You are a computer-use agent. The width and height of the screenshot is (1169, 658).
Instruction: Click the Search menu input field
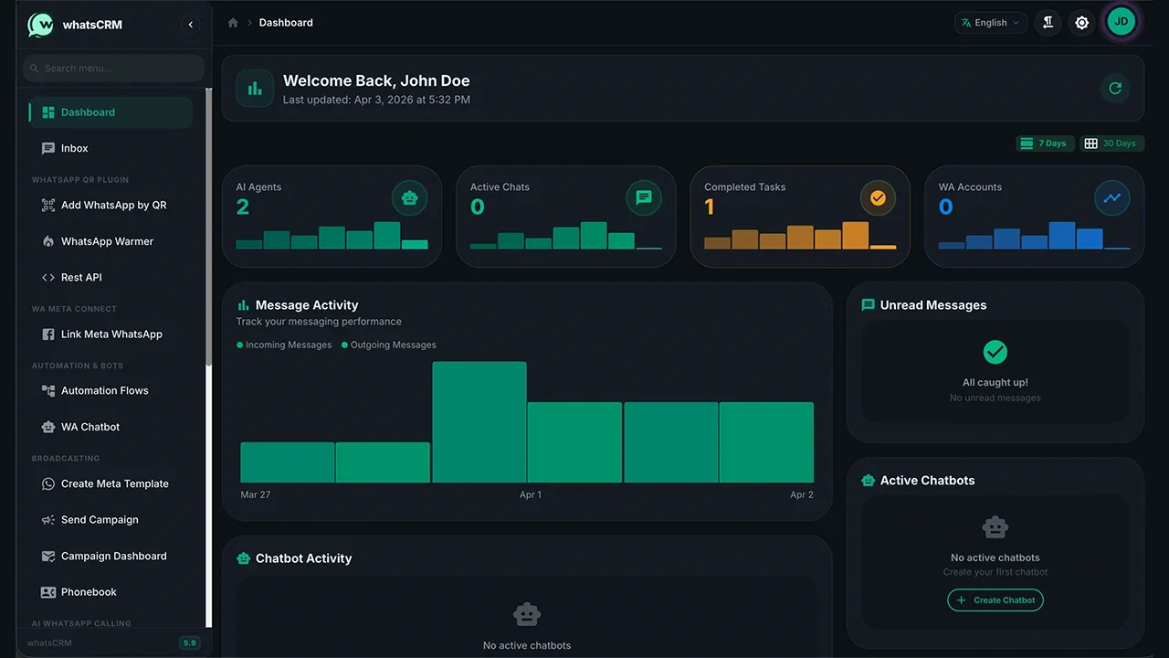click(114, 69)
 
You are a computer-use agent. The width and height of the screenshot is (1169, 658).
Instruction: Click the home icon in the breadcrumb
click(233, 23)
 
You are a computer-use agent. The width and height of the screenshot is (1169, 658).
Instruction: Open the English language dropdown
click(991, 23)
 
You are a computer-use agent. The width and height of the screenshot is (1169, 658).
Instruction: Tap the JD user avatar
click(1121, 22)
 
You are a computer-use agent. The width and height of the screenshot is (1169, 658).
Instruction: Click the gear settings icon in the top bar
click(1081, 23)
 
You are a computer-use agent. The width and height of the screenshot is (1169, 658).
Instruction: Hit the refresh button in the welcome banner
click(1115, 89)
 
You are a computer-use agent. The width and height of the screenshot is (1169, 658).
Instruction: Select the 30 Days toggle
click(1111, 143)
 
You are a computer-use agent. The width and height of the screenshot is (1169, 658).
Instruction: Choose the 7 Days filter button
click(1045, 143)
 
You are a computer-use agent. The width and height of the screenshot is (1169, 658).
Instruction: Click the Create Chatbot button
click(995, 600)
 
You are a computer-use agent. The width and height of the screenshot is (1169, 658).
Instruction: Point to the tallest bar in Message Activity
click(479, 422)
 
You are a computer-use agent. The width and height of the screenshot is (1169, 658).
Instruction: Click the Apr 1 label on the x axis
click(531, 494)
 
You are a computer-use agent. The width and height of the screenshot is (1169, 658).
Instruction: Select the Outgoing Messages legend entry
click(389, 345)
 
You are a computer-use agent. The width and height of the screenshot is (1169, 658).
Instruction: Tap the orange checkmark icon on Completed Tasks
click(878, 198)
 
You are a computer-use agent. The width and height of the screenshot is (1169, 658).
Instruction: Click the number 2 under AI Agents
click(243, 207)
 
